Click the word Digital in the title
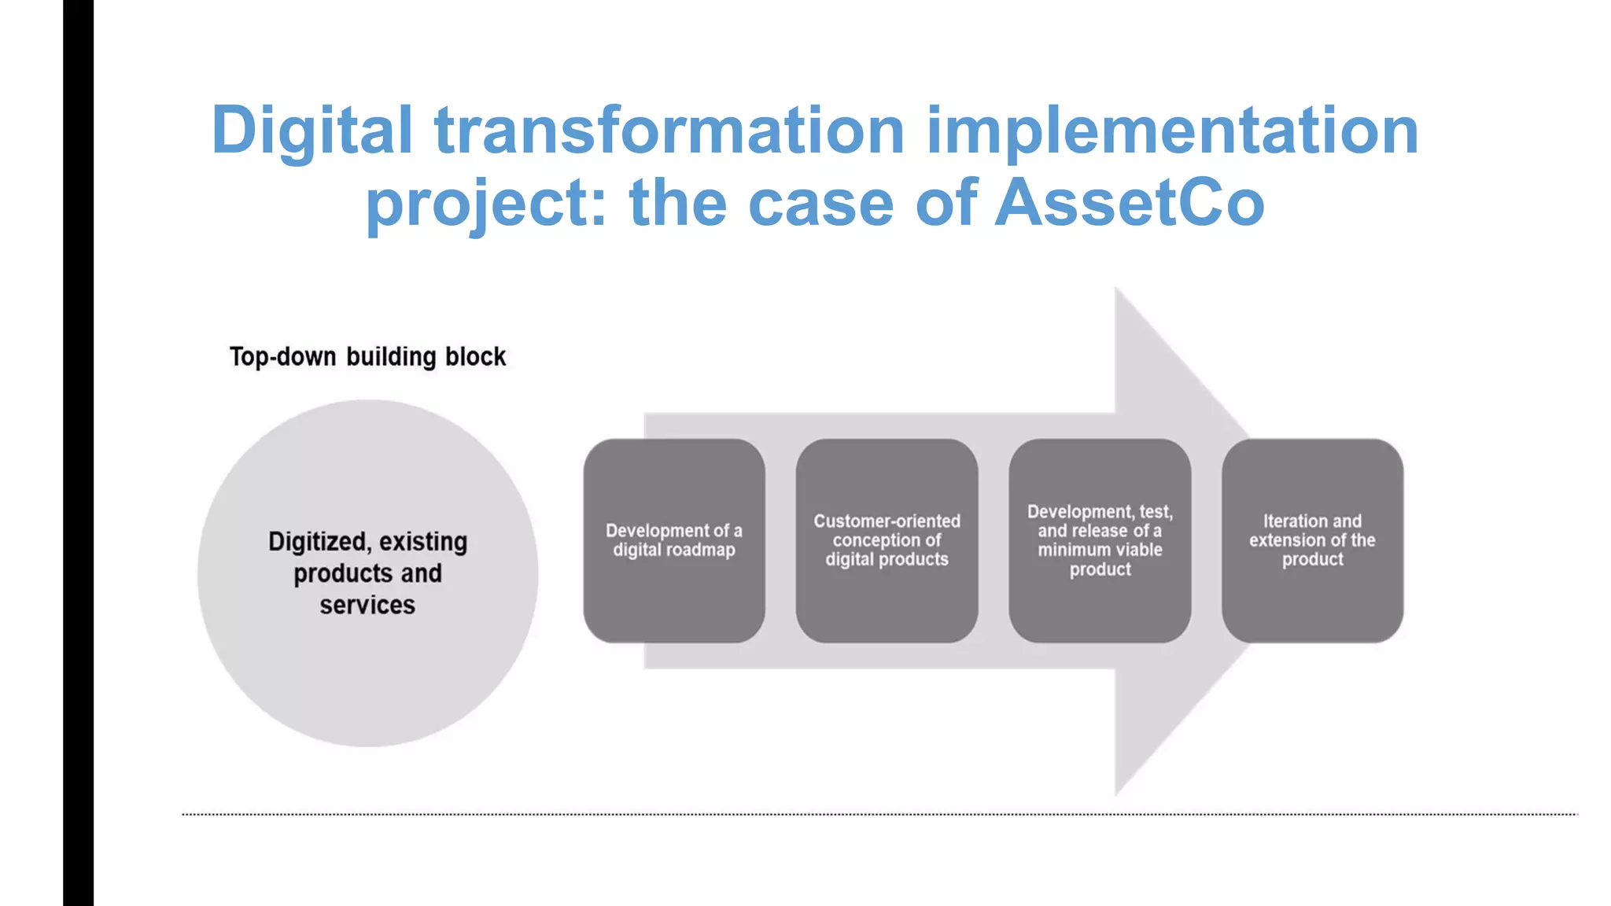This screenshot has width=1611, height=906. (x=312, y=131)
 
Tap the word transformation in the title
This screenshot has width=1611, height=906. (x=669, y=131)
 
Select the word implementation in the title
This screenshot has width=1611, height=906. (x=1172, y=131)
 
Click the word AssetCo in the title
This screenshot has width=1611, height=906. (x=1130, y=203)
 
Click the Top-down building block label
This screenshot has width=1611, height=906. (x=367, y=357)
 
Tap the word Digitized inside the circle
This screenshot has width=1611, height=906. (x=318, y=542)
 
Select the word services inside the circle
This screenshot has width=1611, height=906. (x=367, y=605)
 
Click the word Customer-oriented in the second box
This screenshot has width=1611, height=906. (x=887, y=521)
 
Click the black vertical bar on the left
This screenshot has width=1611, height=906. (x=78, y=453)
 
